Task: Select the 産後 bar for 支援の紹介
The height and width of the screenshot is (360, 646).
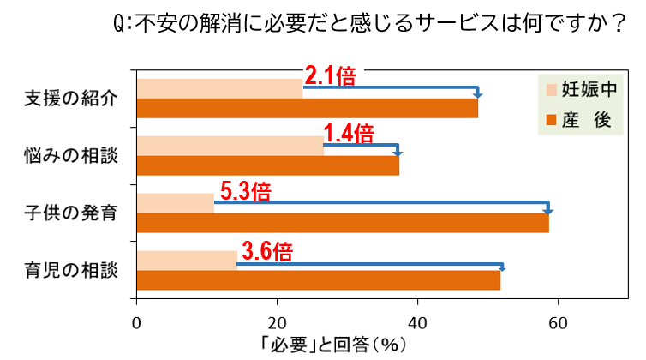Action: [307, 109]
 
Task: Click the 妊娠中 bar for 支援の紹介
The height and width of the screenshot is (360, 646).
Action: [219, 88]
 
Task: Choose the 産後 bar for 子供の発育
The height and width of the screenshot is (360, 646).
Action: [342, 223]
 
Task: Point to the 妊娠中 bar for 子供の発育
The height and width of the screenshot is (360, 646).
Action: [175, 203]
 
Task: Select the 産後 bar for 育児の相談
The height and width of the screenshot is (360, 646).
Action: [318, 280]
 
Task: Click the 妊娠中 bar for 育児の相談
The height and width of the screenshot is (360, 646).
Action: [186, 260]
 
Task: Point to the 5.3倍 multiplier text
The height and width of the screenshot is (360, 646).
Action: [245, 191]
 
